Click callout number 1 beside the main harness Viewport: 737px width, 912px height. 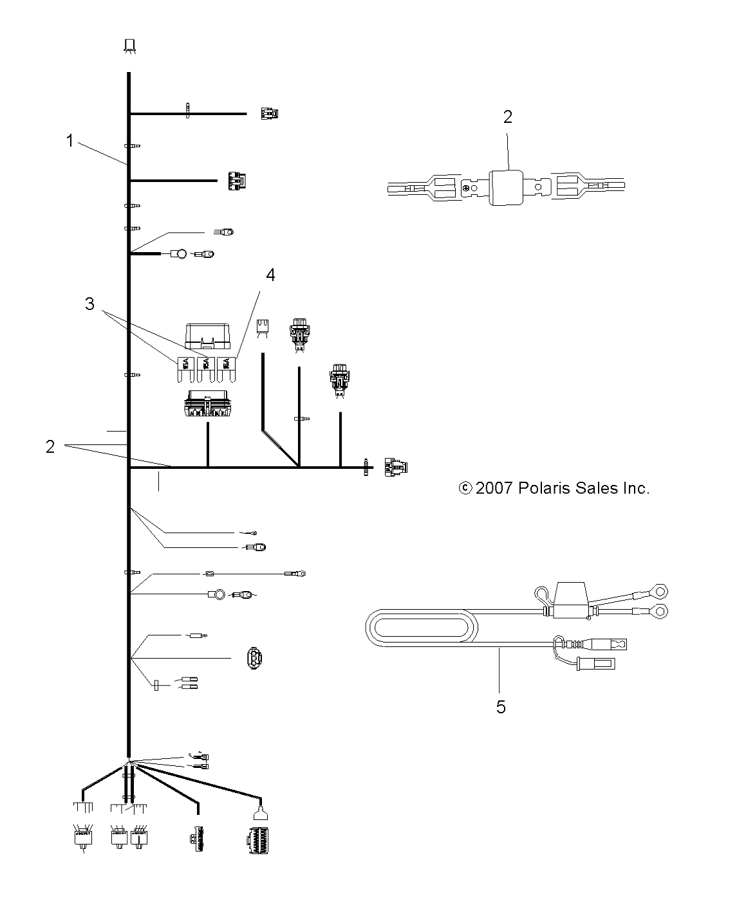click(x=70, y=140)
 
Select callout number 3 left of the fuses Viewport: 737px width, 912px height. click(x=89, y=304)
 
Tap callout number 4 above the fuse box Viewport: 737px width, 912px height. click(x=270, y=275)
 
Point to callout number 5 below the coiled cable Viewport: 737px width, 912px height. click(x=501, y=707)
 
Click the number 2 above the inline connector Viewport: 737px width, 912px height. click(x=508, y=116)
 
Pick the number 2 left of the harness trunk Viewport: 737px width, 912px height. click(x=50, y=446)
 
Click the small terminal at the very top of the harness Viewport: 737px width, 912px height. click(x=129, y=45)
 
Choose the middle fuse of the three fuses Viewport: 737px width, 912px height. click(x=205, y=366)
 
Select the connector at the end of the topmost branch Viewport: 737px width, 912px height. click(x=269, y=114)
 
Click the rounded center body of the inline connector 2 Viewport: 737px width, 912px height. click(x=508, y=187)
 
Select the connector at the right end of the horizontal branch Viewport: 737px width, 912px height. click(x=396, y=468)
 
